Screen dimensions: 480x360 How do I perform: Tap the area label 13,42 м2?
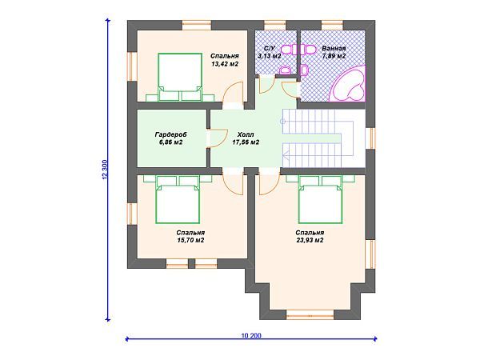tap(225, 64)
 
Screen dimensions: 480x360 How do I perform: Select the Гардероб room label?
tap(171, 134)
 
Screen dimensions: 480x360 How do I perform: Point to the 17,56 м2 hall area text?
tap(246, 142)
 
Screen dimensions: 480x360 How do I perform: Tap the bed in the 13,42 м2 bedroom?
tap(180, 77)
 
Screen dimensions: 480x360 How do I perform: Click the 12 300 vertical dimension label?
tap(105, 169)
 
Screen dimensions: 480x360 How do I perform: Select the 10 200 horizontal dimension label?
tap(251, 336)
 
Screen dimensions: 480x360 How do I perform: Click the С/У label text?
tap(270, 48)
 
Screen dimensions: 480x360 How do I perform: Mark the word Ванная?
tap(334, 48)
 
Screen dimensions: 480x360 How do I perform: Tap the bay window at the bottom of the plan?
tap(310, 314)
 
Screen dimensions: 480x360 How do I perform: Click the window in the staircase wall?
tap(370, 138)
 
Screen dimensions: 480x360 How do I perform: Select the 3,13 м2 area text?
tap(270, 56)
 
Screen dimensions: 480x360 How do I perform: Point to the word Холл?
tap(246, 134)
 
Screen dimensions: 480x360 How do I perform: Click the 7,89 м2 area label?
tap(334, 56)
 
